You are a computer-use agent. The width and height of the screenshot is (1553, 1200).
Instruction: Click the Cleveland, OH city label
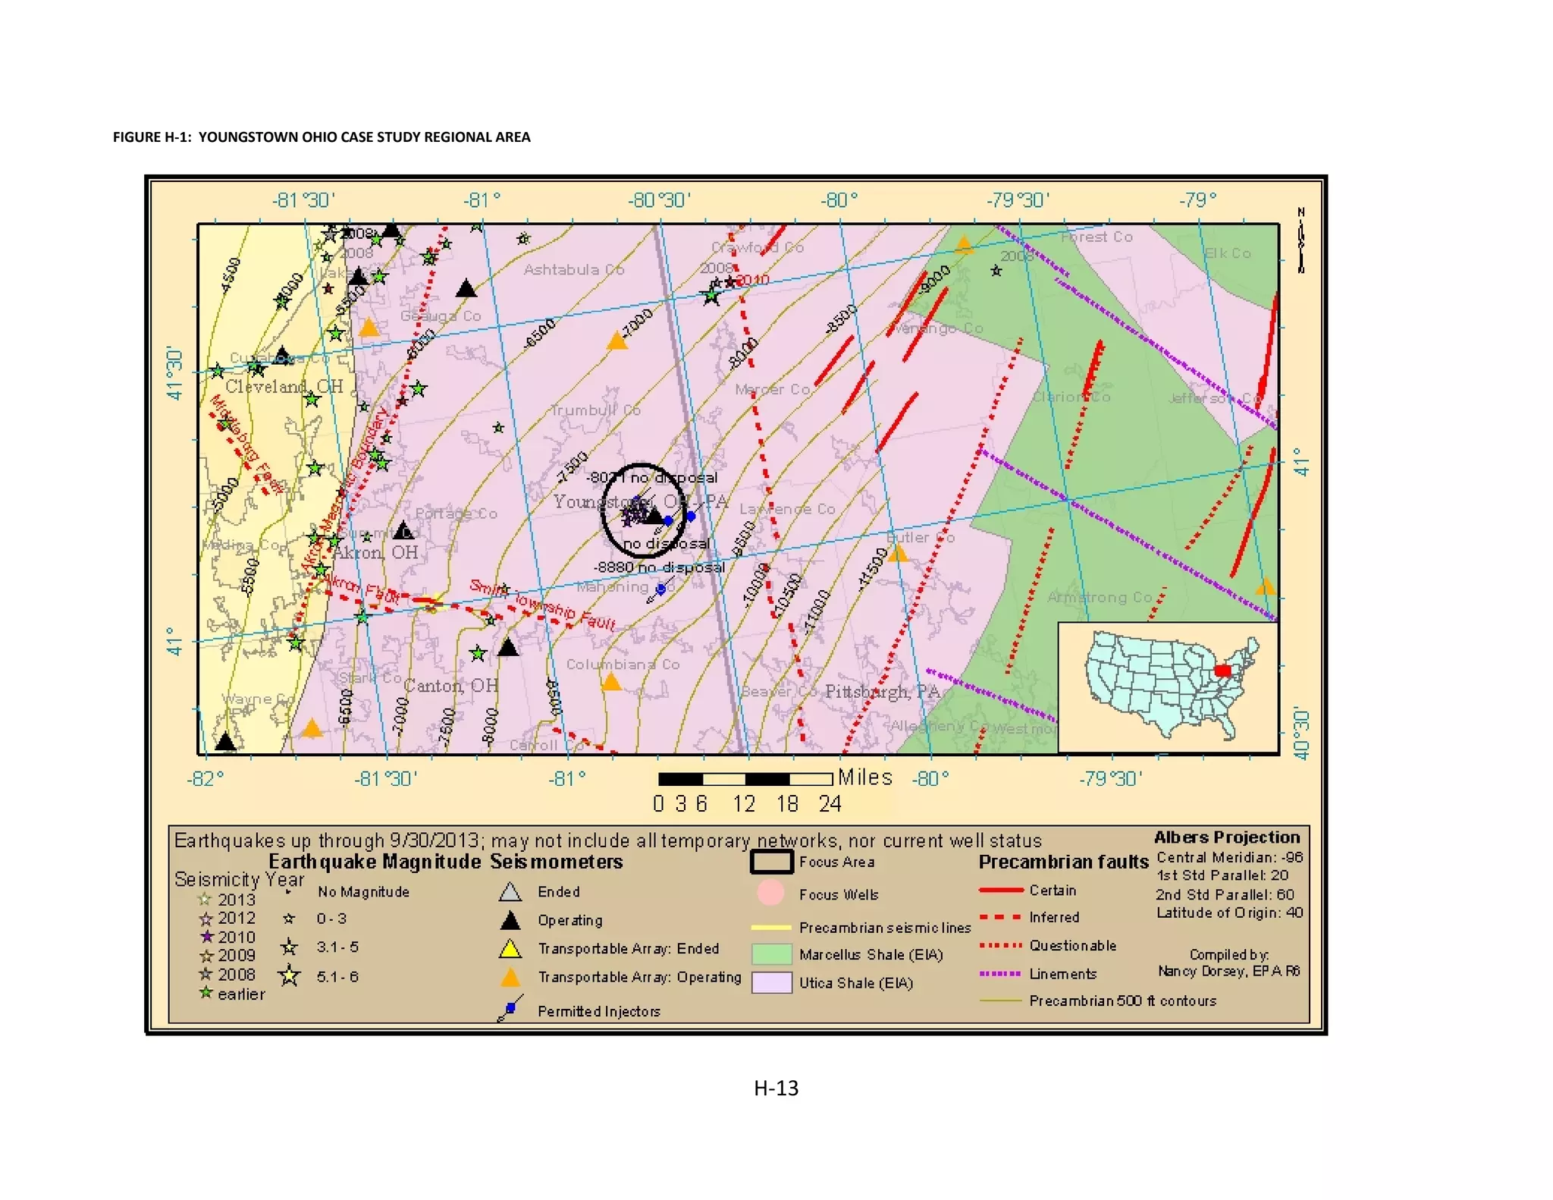click(284, 386)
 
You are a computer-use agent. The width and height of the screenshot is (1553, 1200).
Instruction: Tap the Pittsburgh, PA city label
click(882, 691)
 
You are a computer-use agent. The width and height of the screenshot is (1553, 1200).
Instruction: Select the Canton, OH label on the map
click(450, 686)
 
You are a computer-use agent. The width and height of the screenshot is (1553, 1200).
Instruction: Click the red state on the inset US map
click(1222, 671)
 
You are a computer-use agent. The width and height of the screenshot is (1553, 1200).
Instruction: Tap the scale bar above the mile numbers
click(745, 779)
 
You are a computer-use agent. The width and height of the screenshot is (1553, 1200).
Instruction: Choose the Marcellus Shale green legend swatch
click(771, 954)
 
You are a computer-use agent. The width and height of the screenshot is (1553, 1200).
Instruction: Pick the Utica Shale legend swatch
click(771, 982)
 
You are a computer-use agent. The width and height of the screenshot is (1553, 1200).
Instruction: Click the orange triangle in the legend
click(510, 978)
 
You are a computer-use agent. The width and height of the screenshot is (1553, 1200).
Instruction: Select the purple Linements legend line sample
click(999, 973)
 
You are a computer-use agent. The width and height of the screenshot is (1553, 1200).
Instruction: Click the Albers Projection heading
click(1226, 837)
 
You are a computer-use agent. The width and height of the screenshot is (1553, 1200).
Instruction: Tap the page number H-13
click(776, 1088)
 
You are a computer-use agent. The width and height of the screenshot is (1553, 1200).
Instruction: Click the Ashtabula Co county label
click(573, 269)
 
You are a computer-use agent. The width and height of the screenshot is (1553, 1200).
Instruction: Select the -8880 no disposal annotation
click(658, 567)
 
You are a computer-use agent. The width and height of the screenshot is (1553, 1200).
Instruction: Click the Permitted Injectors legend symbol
click(510, 1010)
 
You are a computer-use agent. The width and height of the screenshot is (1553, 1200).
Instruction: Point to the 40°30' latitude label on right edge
click(1301, 733)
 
